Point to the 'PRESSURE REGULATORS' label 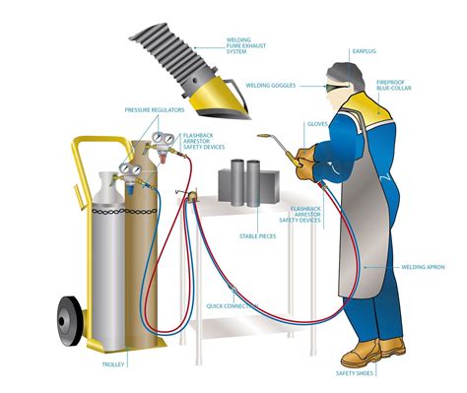point(149,109)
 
